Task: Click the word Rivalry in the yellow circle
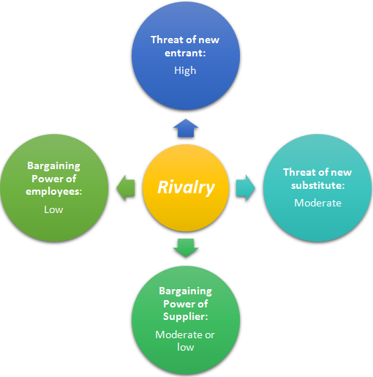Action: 186,187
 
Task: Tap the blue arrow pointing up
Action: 186,128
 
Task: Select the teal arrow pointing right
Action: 246,188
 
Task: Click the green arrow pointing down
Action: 186,247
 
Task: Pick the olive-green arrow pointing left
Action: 126,188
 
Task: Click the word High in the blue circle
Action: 185,71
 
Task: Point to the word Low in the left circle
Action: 53,209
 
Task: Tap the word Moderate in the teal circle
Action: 317,203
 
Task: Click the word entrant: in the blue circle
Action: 185,53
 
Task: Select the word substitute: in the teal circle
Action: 318,185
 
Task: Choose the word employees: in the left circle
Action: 54,192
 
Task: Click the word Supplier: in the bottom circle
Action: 186,317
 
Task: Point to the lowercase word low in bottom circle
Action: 186,347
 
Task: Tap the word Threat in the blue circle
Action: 167,40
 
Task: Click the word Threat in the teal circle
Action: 299,172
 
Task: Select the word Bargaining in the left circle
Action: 53,166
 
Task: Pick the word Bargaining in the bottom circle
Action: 186,291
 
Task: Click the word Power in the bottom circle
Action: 179,304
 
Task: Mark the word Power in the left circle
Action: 48,179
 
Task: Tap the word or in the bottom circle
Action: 210,335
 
